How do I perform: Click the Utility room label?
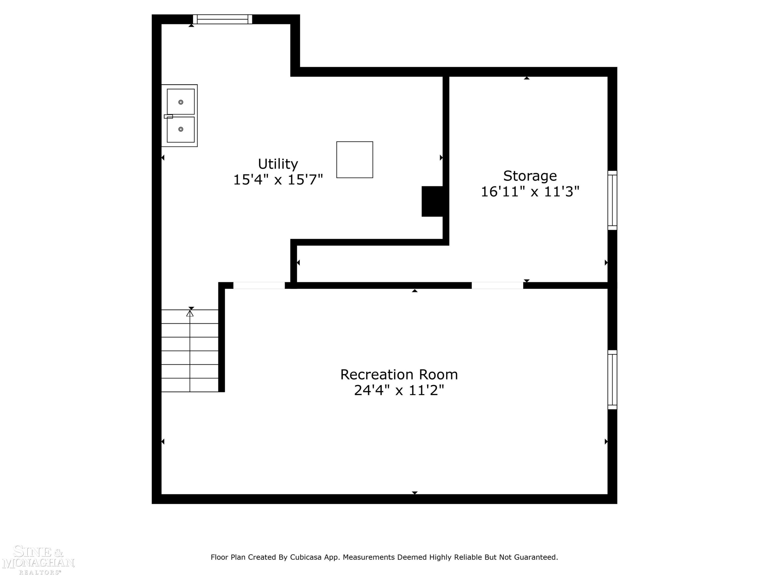click(x=278, y=164)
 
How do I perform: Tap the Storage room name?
click(x=530, y=176)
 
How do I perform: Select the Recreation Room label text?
click(x=399, y=375)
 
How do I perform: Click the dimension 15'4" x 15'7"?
click(x=278, y=180)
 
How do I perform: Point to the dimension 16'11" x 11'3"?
click(x=530, y=192)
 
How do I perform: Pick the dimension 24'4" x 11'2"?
click(x=399, y=390)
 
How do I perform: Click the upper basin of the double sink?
click(x=181, y=102)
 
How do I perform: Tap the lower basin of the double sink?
click(x=181, y=130)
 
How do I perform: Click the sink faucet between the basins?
click(x=168, y=116)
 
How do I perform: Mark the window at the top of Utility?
click(x=222, y=19)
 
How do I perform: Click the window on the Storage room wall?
click(x=612, y=200)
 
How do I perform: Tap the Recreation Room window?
click(x=612, y=380)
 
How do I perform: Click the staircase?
click(x=190, y=351)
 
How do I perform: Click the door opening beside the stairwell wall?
click(x=259, y=285)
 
